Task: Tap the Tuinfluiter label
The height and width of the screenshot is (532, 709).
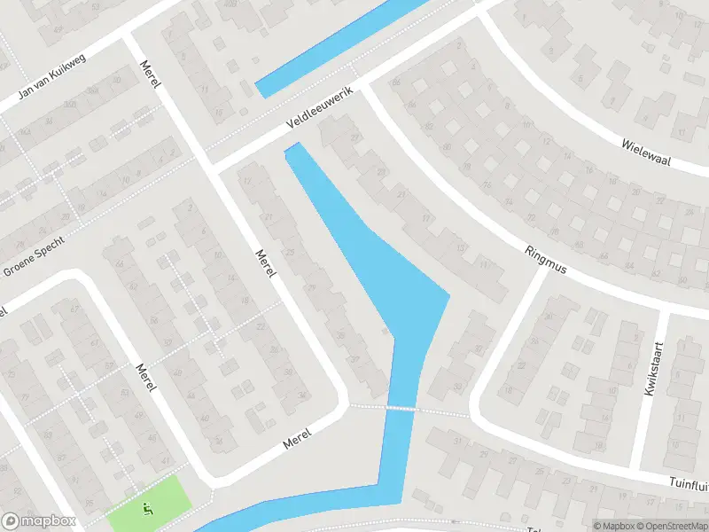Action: (686, 480)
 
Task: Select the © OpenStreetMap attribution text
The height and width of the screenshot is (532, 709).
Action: (675, 525)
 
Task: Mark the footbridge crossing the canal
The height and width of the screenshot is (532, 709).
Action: (401, 408)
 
